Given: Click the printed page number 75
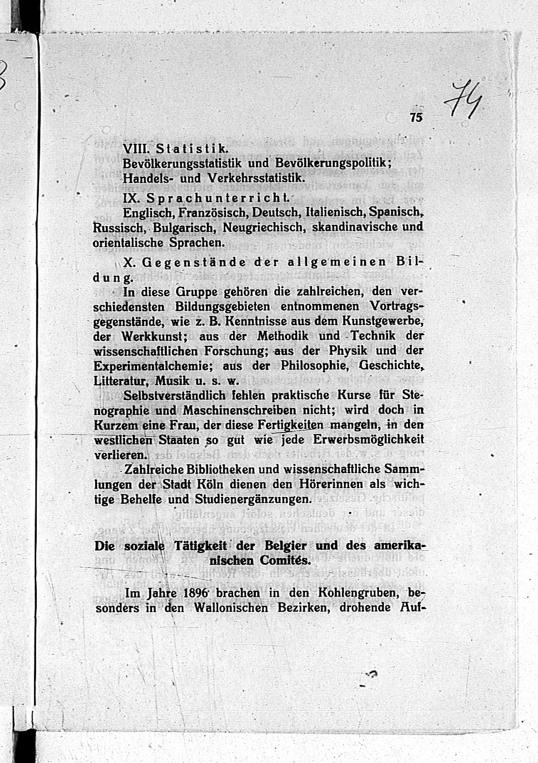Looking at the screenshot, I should point(416,118).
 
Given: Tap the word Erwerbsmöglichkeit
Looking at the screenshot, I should point(368,440).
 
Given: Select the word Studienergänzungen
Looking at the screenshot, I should point(253,499).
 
